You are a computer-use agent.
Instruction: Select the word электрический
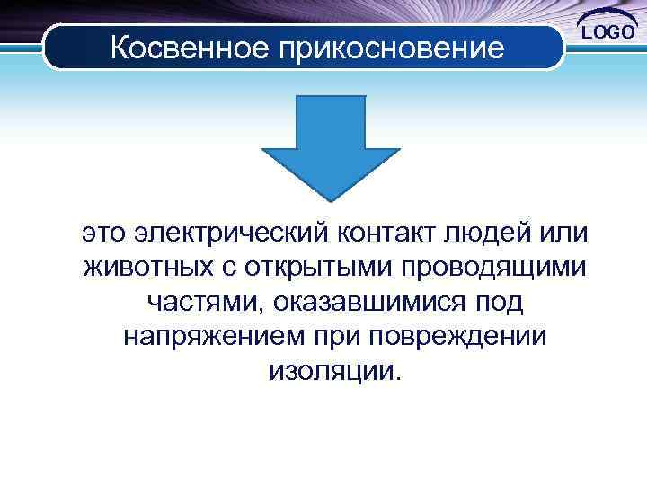click(232, 234)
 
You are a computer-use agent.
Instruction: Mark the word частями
click(199, 303)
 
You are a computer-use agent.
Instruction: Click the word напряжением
click(212, 337)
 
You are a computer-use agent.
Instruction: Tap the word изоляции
click(331, 371)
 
